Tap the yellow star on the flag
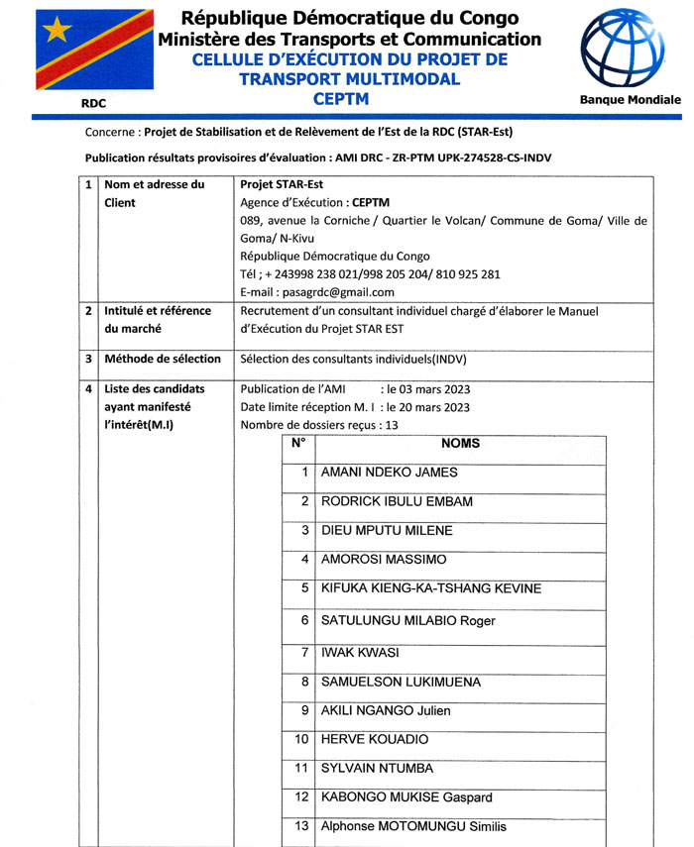[x=58, y=30]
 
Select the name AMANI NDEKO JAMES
[x=390, y=473]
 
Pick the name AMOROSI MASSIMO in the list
[x=384, y=560]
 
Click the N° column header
[x=298, y=444]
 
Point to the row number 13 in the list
[x=302, y=825]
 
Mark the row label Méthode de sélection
[x=163, y=359]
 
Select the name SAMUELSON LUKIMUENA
[x=401, y=683]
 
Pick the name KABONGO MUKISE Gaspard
[x=406, y=796]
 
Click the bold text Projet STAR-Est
[x=282, y=184]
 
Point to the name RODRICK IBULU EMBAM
[x=397, y=501]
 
